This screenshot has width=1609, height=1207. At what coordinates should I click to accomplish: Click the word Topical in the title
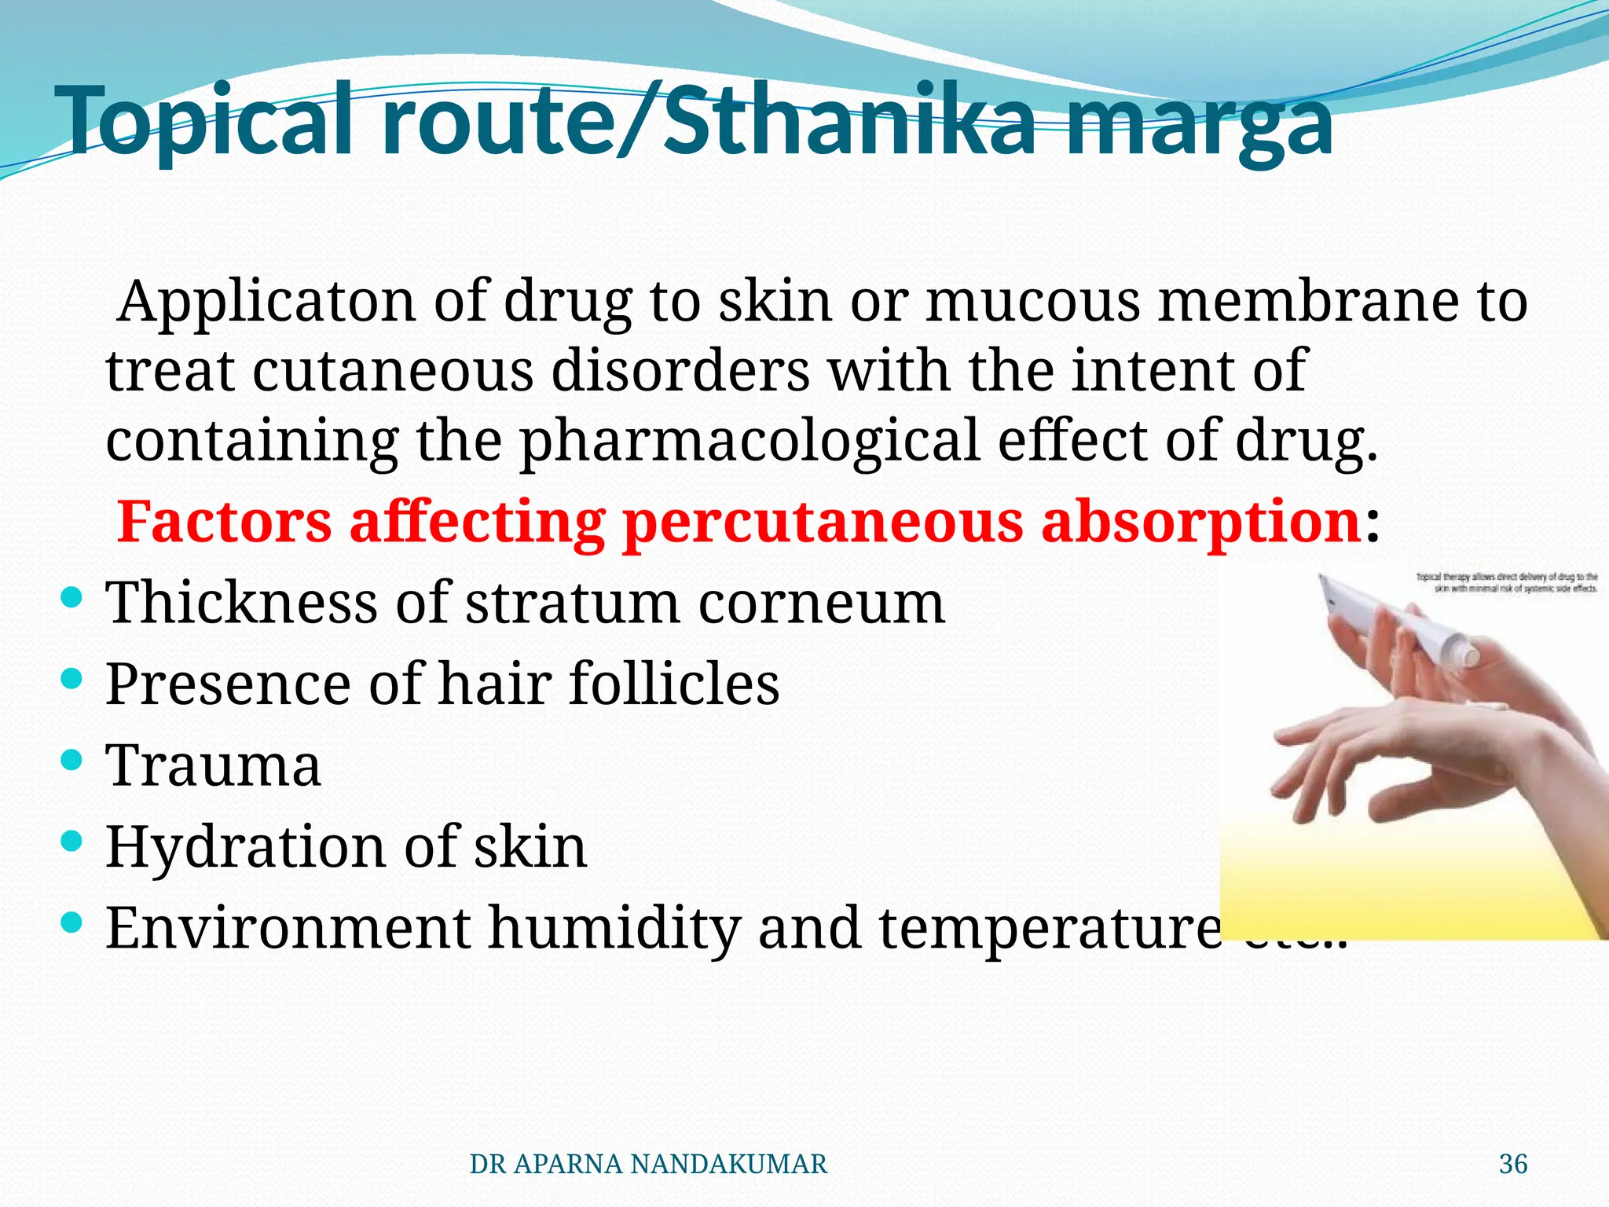tap(208, 122)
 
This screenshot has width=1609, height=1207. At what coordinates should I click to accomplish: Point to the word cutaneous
tap(393, 371)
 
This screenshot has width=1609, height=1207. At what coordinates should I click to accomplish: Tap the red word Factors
tap(225, 522)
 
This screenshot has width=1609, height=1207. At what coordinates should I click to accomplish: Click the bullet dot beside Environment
tap(71, 923)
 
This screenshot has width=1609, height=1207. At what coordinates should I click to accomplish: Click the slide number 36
tap(1513, 1164)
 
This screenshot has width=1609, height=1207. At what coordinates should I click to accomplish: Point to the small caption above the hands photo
tap(1507, 582)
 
